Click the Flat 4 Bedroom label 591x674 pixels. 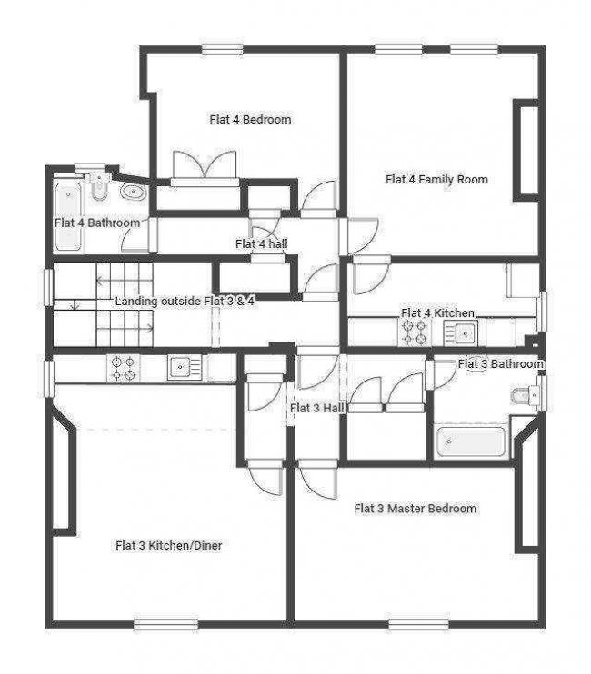point(250,119)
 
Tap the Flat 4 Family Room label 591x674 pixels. point(436,179)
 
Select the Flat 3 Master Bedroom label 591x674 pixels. point(416,509)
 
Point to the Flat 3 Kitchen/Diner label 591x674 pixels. point(168,546)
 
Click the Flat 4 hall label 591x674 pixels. point(262,243)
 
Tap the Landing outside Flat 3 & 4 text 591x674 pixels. point(185,301)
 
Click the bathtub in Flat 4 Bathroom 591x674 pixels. point(68,216)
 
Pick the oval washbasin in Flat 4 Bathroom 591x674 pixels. point(134,192)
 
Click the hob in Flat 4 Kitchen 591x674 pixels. point(415,332)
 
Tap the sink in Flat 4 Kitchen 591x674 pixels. point(461,332)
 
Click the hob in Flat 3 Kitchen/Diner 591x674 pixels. point(124,369)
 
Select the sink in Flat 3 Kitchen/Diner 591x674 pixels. point(185,368)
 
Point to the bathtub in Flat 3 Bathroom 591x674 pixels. point(470,441)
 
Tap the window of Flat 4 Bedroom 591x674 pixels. point(223,50)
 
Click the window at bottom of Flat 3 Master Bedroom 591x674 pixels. point(418,624)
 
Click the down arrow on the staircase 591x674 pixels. point(75,305)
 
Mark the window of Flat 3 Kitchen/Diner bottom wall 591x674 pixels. point(166,624)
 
